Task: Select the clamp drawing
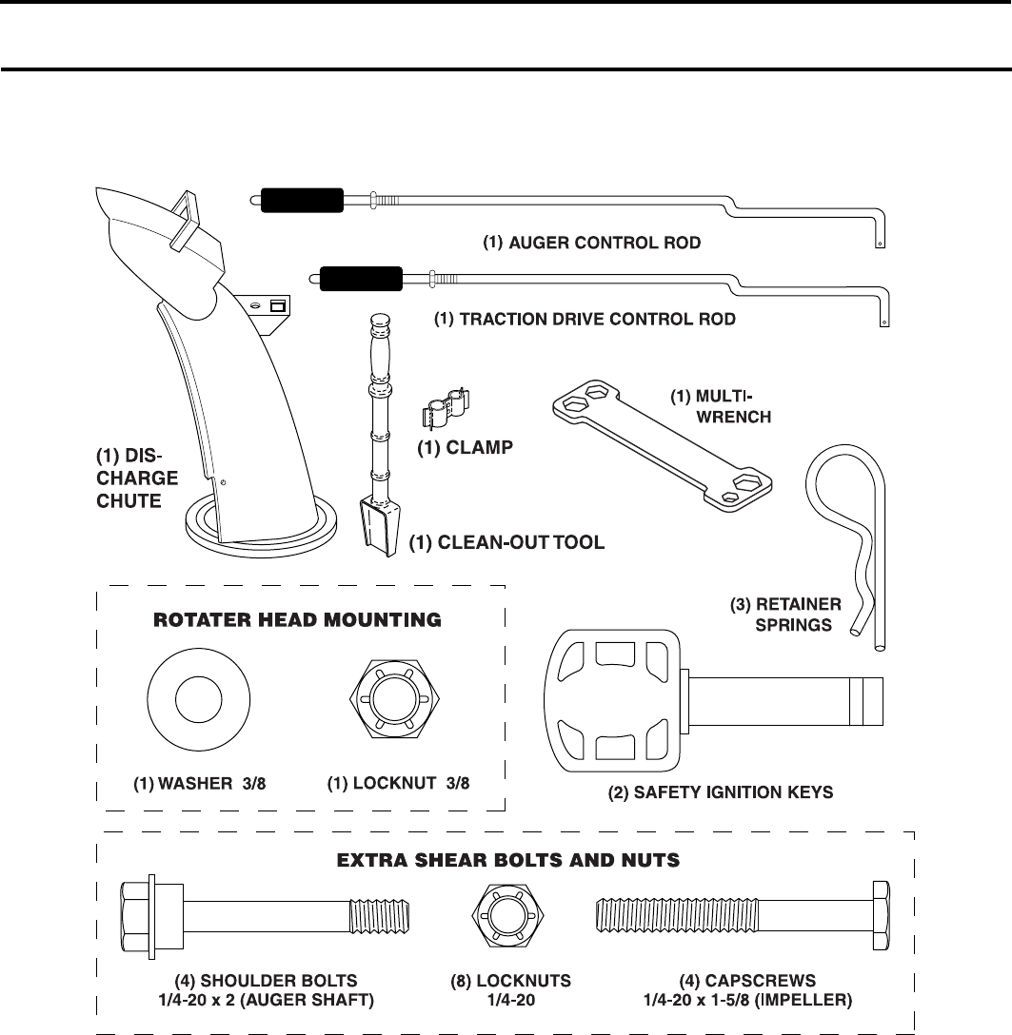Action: click(x=446, y=412)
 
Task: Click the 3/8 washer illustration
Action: click(x=197, y=701)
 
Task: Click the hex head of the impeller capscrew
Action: click(x=881, y=920)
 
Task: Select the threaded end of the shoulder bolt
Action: click(x=383, y=920)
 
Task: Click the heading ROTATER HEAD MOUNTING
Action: click(x=298, y=620)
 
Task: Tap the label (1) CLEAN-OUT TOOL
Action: click(x=507, y=545)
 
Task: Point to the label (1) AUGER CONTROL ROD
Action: click(x=591, y=243)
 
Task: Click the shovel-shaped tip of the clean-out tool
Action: click(x=380, y=528)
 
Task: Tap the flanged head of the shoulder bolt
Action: click(x=140, y=920)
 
